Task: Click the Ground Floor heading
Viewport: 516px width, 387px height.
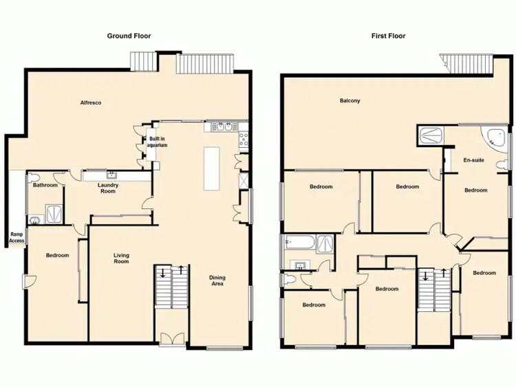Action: [x=129, y=36]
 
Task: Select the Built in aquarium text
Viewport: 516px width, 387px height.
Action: [x=158, y=142]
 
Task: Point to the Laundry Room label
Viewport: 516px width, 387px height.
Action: [x=108, y=188]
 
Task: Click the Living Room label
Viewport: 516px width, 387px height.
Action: [x=121, y=258]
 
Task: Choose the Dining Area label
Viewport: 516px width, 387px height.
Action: [x=217, y=281]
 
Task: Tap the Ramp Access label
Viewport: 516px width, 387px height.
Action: [x=17, y=237]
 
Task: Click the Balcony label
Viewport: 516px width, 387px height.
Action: [x=350, y=101]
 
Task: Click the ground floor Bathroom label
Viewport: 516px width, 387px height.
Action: [x=45, y=185]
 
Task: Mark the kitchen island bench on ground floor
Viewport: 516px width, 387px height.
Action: [x=211, y=168]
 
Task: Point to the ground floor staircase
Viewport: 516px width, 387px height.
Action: [x=171, y=285]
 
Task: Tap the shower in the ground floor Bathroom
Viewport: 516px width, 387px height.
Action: [x=52, y=213]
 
